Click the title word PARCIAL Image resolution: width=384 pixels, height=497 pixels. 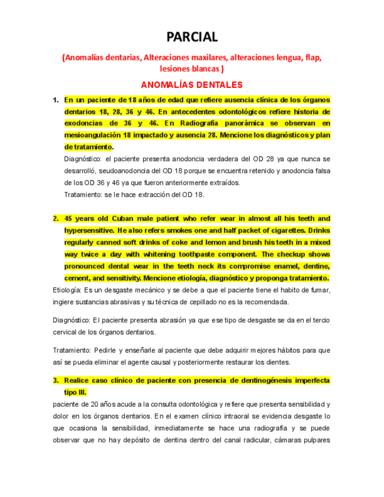[192, 37]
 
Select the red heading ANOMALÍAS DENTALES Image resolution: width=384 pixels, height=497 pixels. [192, 84]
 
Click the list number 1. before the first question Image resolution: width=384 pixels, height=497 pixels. [56, 100]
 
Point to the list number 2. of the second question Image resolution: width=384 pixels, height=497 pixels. [56, 219]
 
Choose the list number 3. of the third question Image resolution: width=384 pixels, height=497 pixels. [56, 380]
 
